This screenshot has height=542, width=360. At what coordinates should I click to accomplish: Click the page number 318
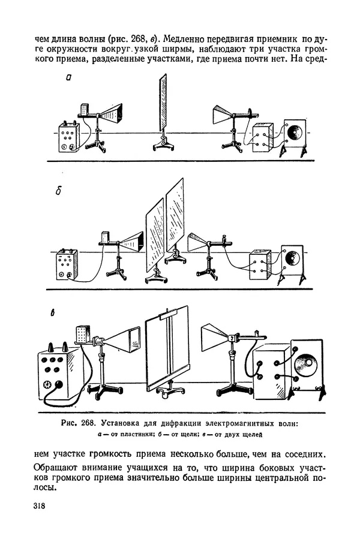(40, 505)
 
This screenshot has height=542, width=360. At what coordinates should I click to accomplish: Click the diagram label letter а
(68, 78)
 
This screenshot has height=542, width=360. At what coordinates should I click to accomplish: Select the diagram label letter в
(53, 314)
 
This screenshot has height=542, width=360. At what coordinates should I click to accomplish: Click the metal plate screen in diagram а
(162, 103)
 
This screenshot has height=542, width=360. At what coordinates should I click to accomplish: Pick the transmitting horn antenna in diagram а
(112, 113)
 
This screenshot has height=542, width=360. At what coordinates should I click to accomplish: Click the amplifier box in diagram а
(263, 139)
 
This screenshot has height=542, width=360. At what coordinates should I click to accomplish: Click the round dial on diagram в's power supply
(47, 384)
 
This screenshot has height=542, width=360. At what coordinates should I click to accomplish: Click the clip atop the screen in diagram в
(168, 315)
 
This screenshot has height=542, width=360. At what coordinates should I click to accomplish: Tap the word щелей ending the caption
(254, 435)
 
